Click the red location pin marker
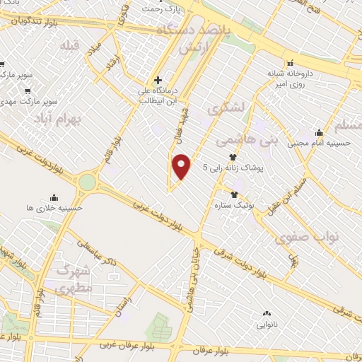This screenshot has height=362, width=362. click(182, 167)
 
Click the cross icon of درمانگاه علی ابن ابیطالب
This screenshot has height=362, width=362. click(158, 80)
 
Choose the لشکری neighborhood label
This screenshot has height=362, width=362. click(226, 107)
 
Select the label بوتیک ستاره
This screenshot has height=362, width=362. click(234, 205)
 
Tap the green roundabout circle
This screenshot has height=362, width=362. click(87, 182)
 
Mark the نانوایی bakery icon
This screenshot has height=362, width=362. click(267, 313)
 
